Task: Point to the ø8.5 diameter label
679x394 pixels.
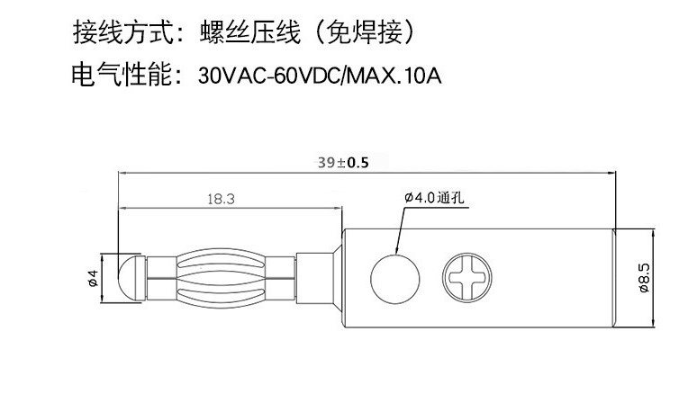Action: pos(645,277)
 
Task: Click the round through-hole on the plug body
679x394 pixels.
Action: pos(393,276)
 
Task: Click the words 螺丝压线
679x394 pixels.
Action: pos(249,36)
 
